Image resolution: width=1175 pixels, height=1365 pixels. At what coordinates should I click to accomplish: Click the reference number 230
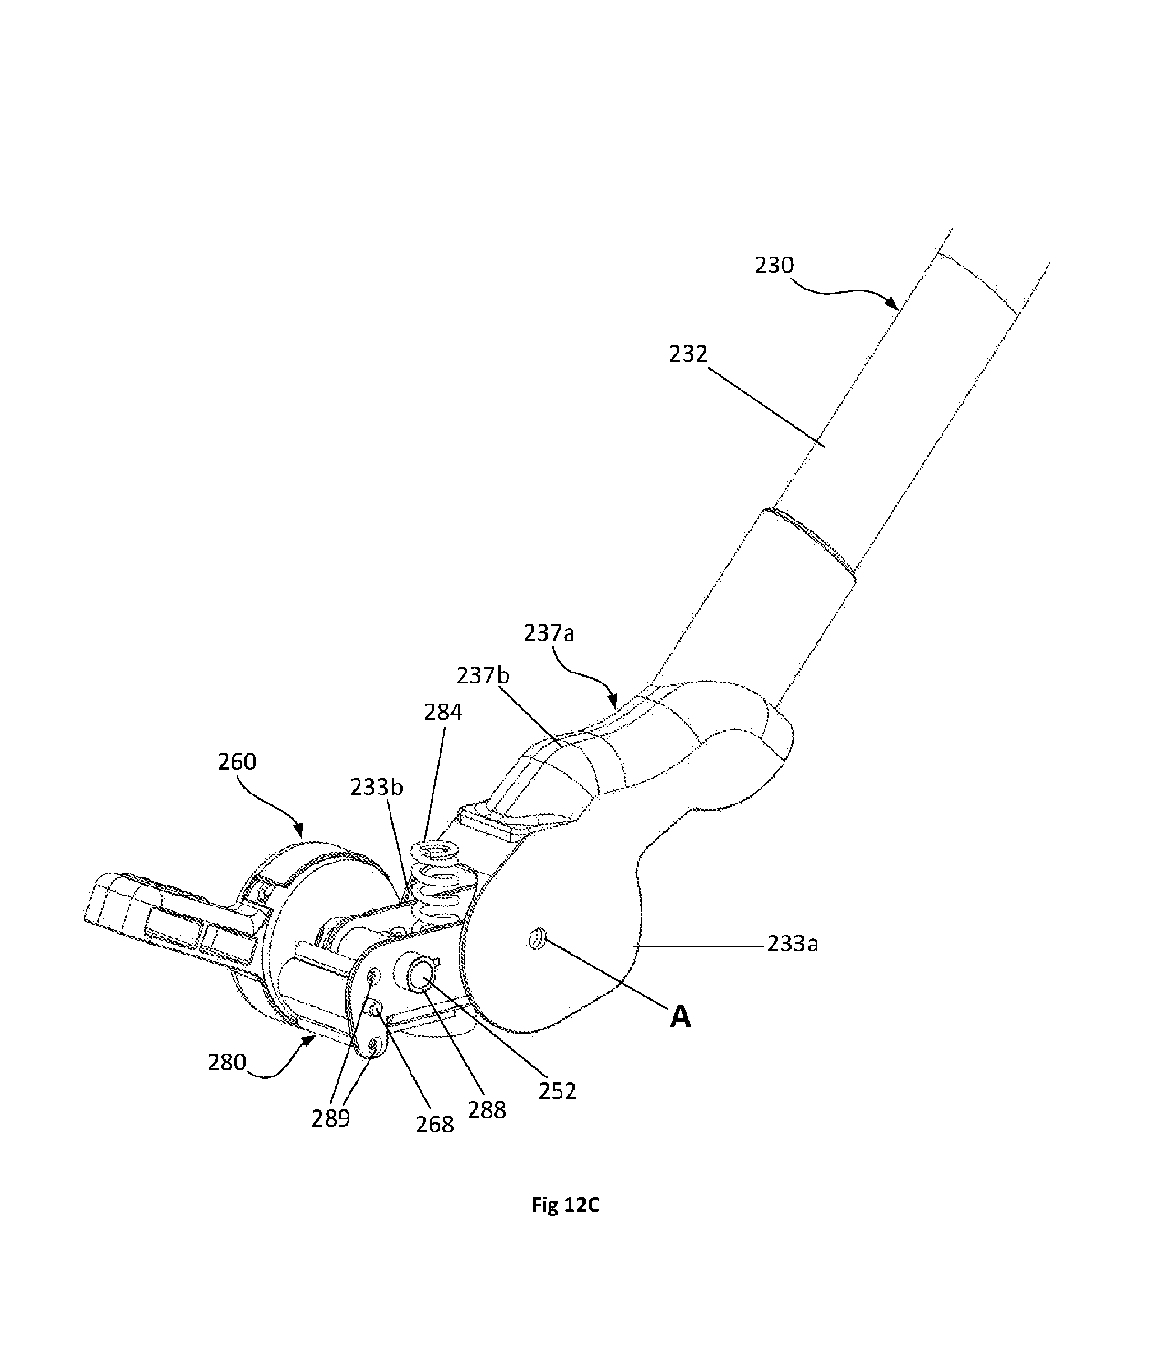pyautogui.click(x=775, y=266)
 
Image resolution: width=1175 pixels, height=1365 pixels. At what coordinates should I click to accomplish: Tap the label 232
pyautogui.click(x=688, y=354)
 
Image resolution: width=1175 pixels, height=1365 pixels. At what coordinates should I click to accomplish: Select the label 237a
pyautogui.click(x=549, y=633)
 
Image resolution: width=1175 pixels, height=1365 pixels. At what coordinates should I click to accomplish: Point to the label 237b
pyautogui.click(x=483, y=675)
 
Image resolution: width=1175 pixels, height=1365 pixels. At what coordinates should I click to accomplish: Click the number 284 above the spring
pyautogui.click(x=443, y=712)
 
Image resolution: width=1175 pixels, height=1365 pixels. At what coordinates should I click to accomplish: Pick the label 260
pyautogui.click(x=237, y=762)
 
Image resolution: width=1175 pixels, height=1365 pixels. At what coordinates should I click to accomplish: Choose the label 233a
pyautogui.click(x=792, y=944)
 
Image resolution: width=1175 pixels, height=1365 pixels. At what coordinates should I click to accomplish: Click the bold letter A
pyautogui.click(x=681, y=1017)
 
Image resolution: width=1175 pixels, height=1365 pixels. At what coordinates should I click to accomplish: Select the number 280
pyautogui.click(x=227, y=1063)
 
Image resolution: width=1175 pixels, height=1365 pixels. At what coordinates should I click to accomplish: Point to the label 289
pyautogui.click(x=331, y=1118)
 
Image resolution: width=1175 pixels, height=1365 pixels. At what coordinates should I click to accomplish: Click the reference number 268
pyautogui.click(x=434, y=1125)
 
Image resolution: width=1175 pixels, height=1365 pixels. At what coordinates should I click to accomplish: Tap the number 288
pyautogui.click(x=487, y=1110)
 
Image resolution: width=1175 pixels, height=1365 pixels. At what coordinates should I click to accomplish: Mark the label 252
pyautogui.click(x=557, y=1091)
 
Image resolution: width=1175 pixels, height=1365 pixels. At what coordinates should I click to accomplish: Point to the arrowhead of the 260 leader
pyautogui.click(x=300, y=831)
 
